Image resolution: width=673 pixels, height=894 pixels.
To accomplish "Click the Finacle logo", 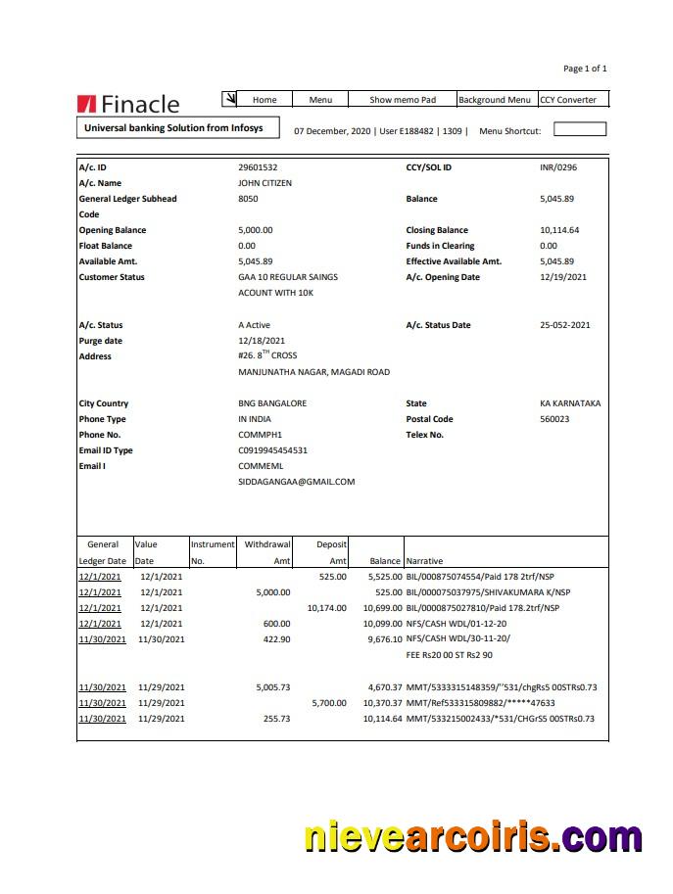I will click(x=128, y=104).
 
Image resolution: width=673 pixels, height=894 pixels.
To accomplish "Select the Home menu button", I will click(x=264, y=100).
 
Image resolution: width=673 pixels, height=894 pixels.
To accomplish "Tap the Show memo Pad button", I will click(x=402, y=100).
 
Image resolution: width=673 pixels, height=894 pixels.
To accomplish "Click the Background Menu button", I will click(x=495, y=100).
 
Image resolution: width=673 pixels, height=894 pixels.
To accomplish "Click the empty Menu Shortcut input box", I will click(x=580, y=129).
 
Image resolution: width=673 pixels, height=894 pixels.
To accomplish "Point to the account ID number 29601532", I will click(x=258, y=167).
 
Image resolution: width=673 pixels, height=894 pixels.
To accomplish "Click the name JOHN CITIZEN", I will click(x=264, y=183).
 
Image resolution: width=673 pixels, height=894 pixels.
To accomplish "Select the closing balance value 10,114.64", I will click(x=559, y=230).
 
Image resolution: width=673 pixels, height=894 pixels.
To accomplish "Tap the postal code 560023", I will click(x=554, y=419).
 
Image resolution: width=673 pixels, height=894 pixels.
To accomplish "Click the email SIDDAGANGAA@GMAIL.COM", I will click(x=296, y=482).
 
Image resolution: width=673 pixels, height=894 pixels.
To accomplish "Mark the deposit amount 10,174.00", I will click(x=326, y=607).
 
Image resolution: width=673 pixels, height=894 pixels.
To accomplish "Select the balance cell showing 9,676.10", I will click(x=381, y=638).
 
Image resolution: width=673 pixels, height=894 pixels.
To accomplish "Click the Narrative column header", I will click(x=424, y=561).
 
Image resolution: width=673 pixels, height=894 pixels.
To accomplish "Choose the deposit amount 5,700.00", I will click(x=328, y=703).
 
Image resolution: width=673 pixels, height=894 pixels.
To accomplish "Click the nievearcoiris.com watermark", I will click(x=472, y=838).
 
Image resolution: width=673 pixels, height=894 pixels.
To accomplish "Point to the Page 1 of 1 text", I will click(x=585, y=69).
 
